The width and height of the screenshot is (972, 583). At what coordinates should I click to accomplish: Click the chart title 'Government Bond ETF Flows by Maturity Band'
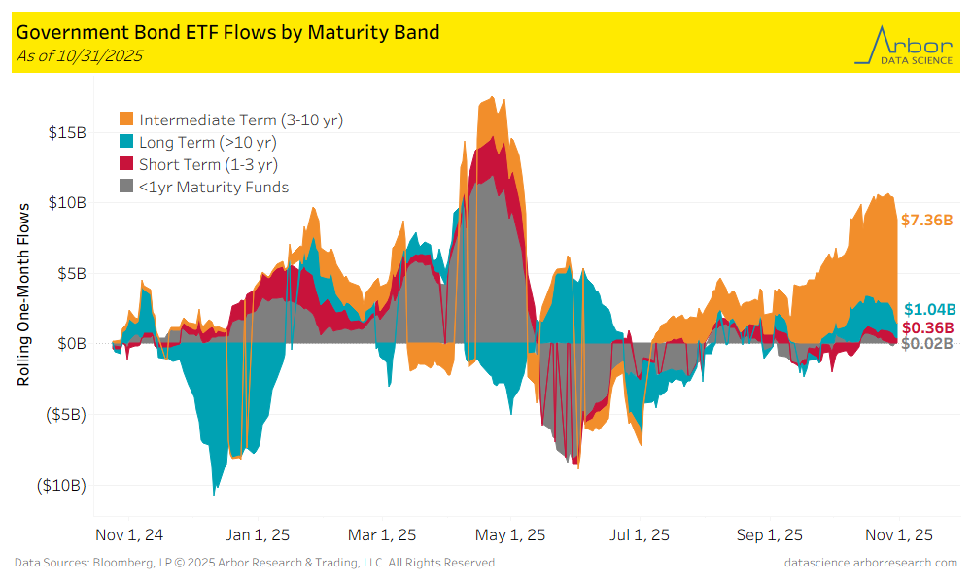click(x=227, y=32)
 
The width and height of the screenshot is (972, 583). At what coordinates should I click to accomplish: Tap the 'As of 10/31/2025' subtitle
click(x=80, y=55)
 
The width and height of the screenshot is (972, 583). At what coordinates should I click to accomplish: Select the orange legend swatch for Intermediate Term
click(x=127, y=120)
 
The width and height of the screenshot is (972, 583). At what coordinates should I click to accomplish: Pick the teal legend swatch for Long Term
click(x=127, y=142)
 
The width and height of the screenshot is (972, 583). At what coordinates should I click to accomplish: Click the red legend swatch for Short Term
click(x=127, y=164)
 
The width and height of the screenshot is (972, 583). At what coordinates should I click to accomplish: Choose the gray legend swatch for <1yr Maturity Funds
click(x=127, y=187)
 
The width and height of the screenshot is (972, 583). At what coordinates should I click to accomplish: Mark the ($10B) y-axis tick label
click(x=60, y=485)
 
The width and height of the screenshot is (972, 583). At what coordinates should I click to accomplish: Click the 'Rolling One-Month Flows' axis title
click(x=24, y=293)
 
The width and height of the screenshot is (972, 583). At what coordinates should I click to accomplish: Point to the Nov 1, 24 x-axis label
click(x=130, y=535)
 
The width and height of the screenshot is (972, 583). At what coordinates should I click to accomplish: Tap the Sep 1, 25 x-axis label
click(x=770, y=535)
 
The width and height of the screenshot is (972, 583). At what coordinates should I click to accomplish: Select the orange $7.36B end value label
click(x=928, y=221)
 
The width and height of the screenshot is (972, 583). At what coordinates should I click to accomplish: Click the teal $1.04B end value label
click(x=930, y=310)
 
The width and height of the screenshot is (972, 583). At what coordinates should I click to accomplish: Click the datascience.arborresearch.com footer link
click(x=870, y=563)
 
